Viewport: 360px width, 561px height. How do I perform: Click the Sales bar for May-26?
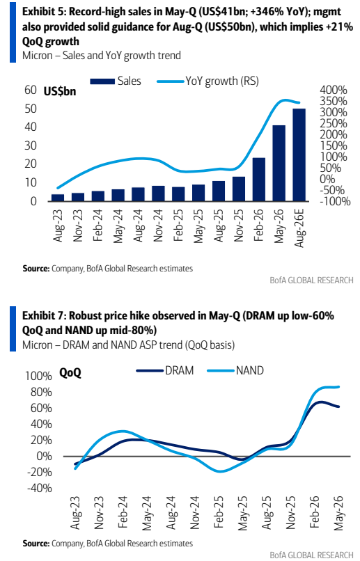279,163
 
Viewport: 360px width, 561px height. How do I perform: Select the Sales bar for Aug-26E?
299,155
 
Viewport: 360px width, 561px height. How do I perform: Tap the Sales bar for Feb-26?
259,180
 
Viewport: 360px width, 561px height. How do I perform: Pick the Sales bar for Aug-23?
58,198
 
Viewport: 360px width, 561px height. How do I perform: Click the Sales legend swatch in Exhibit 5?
102,81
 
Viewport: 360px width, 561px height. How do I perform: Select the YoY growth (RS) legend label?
222,81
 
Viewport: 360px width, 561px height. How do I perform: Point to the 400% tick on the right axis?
333,90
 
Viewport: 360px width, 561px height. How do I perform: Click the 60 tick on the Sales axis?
31,90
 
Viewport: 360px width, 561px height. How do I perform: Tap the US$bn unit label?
60,92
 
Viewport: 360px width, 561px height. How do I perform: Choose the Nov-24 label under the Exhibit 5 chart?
158,226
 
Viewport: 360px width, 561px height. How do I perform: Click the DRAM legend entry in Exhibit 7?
164,370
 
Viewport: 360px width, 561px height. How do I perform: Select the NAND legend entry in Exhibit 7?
235,370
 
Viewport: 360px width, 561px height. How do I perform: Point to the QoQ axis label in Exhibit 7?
70,373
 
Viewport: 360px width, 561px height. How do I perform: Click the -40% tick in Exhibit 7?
40,488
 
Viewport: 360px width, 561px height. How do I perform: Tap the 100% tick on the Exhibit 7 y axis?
38,376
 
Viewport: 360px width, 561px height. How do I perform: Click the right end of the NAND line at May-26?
338,387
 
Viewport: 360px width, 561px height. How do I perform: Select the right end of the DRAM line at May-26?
338,406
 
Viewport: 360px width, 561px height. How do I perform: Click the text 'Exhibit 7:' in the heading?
44,315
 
